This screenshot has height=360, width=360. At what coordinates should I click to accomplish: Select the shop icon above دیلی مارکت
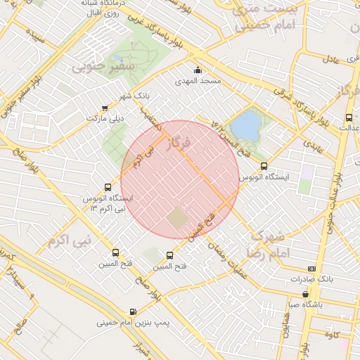click(x=105, y=108)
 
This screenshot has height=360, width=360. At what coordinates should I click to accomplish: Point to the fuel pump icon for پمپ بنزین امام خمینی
click(x=133, y=311)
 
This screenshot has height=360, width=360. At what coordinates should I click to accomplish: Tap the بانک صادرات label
click(x=311, y=280)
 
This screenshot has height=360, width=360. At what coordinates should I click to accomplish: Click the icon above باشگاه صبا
click(x=305, y=295)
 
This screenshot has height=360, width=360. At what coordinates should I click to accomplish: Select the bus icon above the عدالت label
click(x=349, y=117)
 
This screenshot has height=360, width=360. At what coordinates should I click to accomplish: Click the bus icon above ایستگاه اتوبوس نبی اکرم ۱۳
click(x=108, y=187)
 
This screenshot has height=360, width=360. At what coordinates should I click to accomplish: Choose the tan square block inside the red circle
click(x=179, y=220)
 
